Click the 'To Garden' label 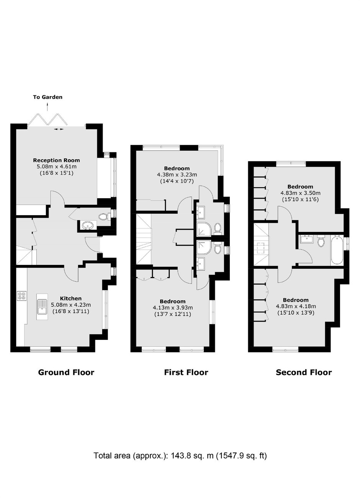click(x=47, y=97)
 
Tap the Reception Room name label click(x=57, y=160)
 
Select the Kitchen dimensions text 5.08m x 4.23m click(x=71, y=305)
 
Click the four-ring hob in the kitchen click(x=21, y=296)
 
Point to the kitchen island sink click(x=42, y=307)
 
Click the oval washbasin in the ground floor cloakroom click(x=87, y=226)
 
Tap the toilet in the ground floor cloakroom click(x=104, y=216)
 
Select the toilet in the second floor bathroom click(x=321, y=240)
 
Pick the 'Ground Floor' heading click(x=66, y=372)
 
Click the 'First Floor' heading click(x=186, y=372)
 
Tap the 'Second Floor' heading click(x=304, y=372)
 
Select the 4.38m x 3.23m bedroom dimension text click(x=177, y=175)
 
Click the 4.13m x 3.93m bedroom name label click(x=173, y=301)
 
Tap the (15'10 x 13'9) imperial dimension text click(x=296, y=313)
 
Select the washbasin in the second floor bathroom click(x=307, y=240)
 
